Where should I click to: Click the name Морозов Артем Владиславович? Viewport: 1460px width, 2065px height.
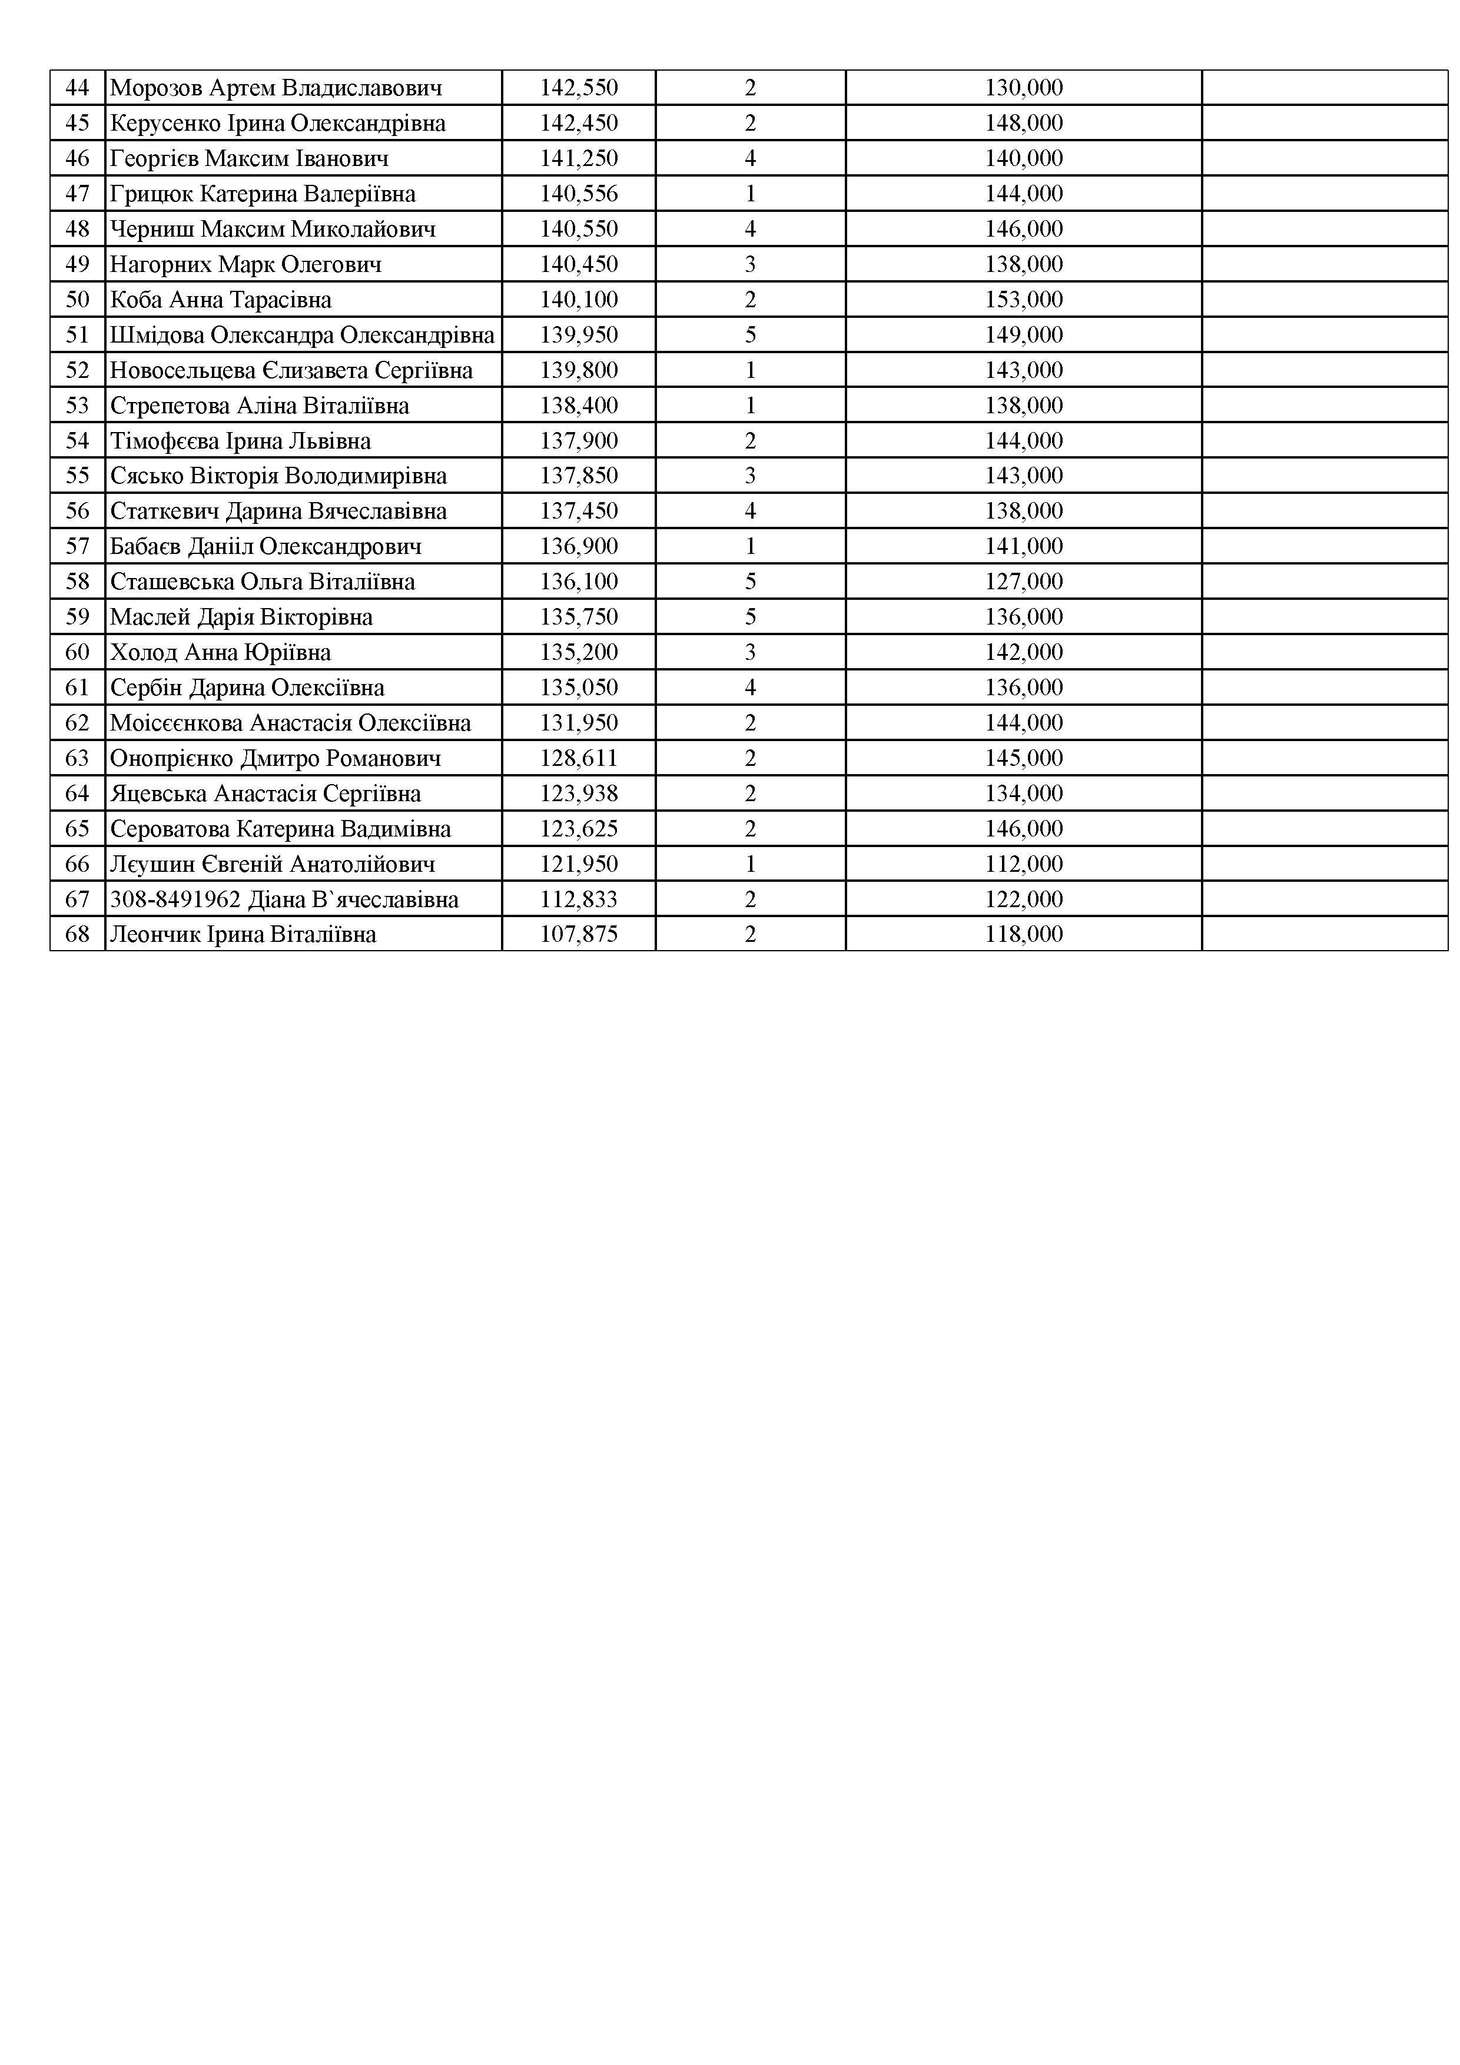(276, 88)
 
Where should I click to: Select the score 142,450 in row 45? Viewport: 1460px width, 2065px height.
(579, 123)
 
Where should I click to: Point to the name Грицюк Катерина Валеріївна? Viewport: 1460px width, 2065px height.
(263, 194)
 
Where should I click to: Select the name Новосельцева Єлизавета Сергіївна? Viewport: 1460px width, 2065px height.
(291, 370)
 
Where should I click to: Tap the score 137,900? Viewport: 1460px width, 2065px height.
(579, 441)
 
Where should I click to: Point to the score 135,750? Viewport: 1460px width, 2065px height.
(579, 617)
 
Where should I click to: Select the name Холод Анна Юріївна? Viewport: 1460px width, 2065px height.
(220, 652)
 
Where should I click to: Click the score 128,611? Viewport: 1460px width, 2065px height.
(579, 758)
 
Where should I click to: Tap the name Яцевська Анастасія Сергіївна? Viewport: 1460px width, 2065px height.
(266, 794)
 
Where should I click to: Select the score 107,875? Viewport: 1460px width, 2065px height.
(579, 934)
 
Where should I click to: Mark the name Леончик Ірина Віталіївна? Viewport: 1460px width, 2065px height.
(243, 934)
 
